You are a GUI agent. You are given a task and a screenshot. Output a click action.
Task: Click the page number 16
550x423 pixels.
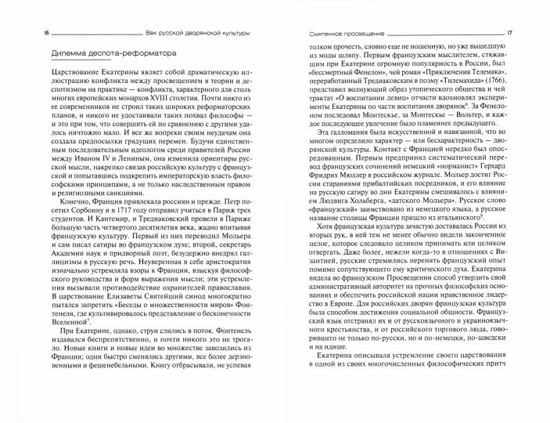tap(27, 33)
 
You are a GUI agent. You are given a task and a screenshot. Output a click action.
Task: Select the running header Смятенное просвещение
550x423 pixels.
tap(327, 33)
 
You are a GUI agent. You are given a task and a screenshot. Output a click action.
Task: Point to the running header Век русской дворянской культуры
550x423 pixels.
tap(198, 33)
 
